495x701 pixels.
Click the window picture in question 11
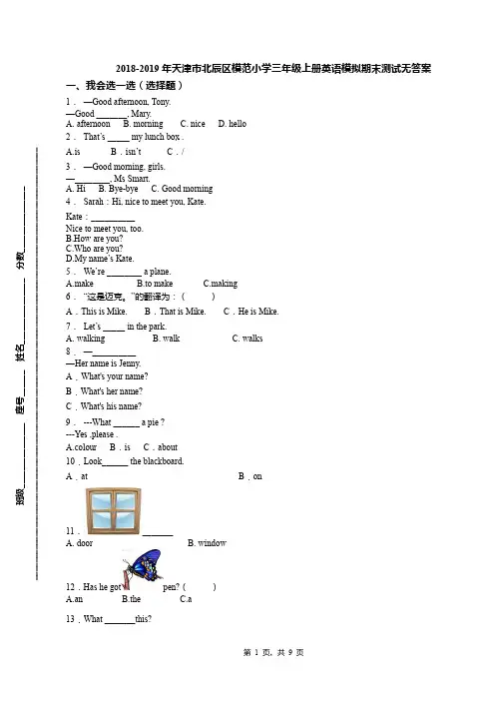pos(114,511)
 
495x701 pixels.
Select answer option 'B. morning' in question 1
pos(143,124)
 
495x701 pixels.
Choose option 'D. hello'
pos(232,124)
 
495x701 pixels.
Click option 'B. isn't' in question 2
pos(126,152)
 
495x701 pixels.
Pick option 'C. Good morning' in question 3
pos(182,189)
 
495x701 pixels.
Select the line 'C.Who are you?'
pos(94,249)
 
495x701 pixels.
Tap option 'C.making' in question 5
pos(221,284)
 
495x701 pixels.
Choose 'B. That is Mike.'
pos(175,312)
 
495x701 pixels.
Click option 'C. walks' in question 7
pos(247,339)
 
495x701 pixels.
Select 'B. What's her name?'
pos(104,391)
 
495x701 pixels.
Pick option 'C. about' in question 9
pos(161,447)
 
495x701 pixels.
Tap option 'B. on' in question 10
pos(250,476)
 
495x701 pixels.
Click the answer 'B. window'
pos(207,543)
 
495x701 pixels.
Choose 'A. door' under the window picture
pos(79,543)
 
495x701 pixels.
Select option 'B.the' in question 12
pos(132,599)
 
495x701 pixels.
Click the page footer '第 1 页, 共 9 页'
pos(273,653)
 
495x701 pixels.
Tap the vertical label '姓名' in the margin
pos(20,352)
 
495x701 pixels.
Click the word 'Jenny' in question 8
pos(129,363)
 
